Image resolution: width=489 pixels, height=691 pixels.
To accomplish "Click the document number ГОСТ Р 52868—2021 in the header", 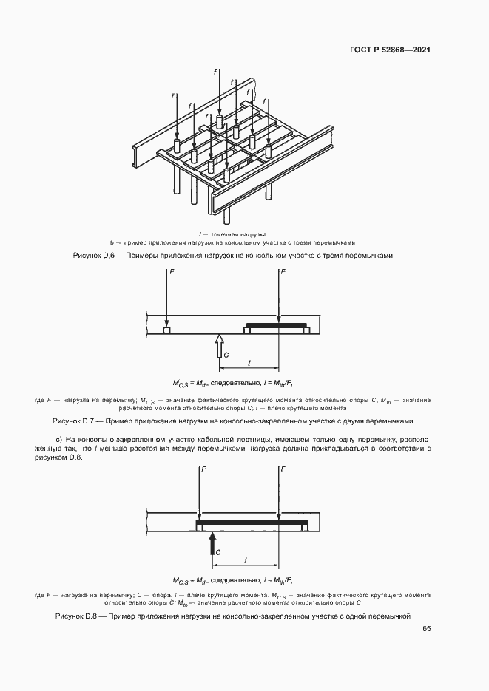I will click(390, 50).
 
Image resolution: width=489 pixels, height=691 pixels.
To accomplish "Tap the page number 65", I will click(427, 629).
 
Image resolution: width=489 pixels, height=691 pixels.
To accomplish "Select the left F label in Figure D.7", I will click(171, 273).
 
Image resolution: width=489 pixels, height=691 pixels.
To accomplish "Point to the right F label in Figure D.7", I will click(283, 273).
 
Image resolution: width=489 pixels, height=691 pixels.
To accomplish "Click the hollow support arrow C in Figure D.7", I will click(219, 347).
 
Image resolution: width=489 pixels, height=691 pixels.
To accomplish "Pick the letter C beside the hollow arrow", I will click(227, 355).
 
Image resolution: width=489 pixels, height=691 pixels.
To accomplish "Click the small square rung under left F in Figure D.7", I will click(167, 331).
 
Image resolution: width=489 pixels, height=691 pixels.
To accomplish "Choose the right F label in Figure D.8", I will click(283, 469).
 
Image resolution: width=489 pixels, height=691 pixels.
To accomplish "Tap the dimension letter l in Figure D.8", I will click(245, 559).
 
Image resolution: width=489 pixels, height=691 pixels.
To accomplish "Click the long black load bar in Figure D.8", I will click(252, 522).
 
